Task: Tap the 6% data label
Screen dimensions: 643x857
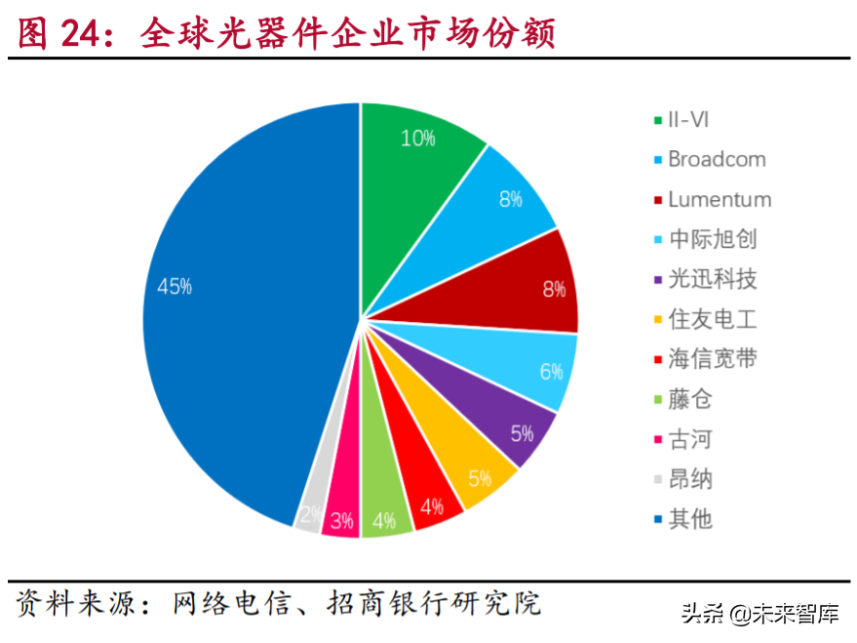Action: [x=551, y=372]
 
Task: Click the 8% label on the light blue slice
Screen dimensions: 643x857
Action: [x=510, y=199]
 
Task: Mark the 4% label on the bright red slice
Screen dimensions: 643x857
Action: [x=432, y=506]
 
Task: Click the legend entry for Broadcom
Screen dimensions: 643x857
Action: [x=717, y=159]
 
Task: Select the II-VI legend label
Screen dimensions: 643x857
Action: [x=691, y=119]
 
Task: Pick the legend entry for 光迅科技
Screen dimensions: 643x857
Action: [x=712, y=279]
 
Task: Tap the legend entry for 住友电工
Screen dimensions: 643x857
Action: [x=712, y=319]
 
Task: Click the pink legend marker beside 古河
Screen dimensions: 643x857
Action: [x=658, y=440]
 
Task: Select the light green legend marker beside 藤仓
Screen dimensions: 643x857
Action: [x=658, y=400]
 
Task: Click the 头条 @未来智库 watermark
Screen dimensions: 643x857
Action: [x=760, y=615]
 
